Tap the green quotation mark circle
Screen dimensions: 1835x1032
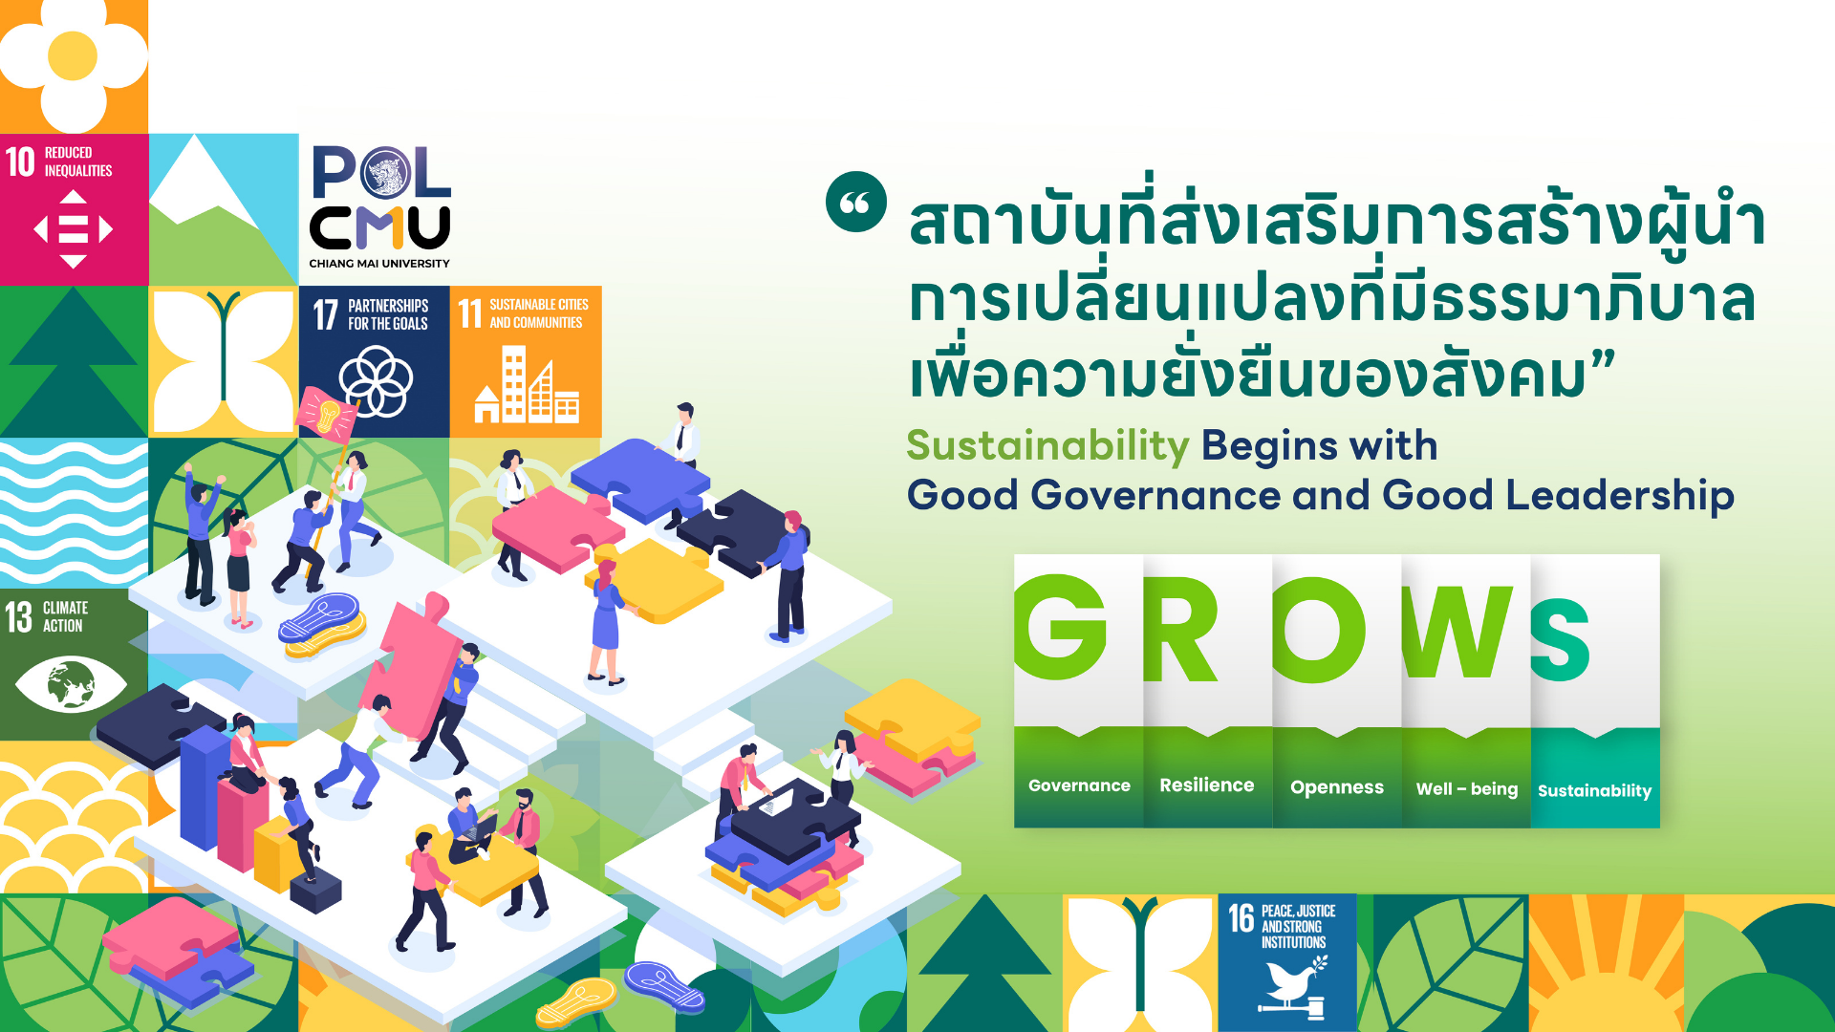855,202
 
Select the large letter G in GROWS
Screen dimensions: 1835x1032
1060,628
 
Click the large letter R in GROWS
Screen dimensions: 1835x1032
1180,630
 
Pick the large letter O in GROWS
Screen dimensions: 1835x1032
1319,630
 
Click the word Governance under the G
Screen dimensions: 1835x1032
1079,785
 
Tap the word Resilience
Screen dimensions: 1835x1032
1206,785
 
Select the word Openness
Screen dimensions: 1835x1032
1337,787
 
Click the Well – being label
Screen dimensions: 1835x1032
1467,789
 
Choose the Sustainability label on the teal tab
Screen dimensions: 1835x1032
1594,791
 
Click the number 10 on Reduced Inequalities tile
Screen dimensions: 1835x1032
20,161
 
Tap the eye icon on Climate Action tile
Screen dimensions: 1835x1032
71,684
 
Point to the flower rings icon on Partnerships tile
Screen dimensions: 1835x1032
376,381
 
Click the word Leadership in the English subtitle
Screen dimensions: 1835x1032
1620,497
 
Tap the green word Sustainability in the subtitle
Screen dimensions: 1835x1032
1047,446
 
